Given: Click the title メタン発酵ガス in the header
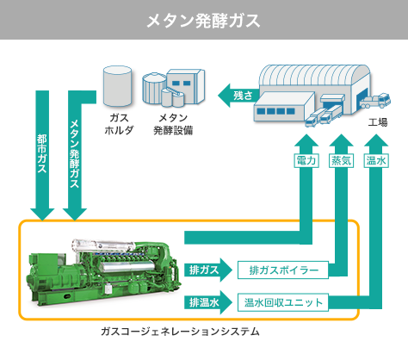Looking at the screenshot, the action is tap(203, 21).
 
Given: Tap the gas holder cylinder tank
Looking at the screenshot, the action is tap(117, 86).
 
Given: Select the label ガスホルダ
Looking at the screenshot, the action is tap(119, 124).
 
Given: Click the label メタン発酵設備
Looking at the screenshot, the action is tap(173, 124).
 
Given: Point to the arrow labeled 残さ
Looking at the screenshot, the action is tap(238, 96).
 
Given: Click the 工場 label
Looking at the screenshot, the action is tap(378, 122).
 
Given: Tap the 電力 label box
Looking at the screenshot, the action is tap(306, 161).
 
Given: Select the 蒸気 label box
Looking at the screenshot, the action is tap(341, 161).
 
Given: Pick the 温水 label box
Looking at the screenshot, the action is tap(376, 161).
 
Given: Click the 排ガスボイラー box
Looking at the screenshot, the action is tap(283, 270).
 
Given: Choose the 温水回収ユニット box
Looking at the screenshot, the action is tap(283, 302).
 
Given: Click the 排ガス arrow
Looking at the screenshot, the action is tap(208, 270).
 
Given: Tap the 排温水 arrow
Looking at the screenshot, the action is tap(208, 302).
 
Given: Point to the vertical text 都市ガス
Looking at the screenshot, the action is tap(42, 153).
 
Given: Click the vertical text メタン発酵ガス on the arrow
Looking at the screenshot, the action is tap(75, 154).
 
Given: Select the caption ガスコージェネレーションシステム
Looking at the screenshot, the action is tap(180, 332).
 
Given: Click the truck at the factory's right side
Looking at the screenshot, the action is tap(375, 101).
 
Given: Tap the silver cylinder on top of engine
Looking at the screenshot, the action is tap(103, 246).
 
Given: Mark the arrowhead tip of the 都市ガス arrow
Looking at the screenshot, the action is tap(42, 220).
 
